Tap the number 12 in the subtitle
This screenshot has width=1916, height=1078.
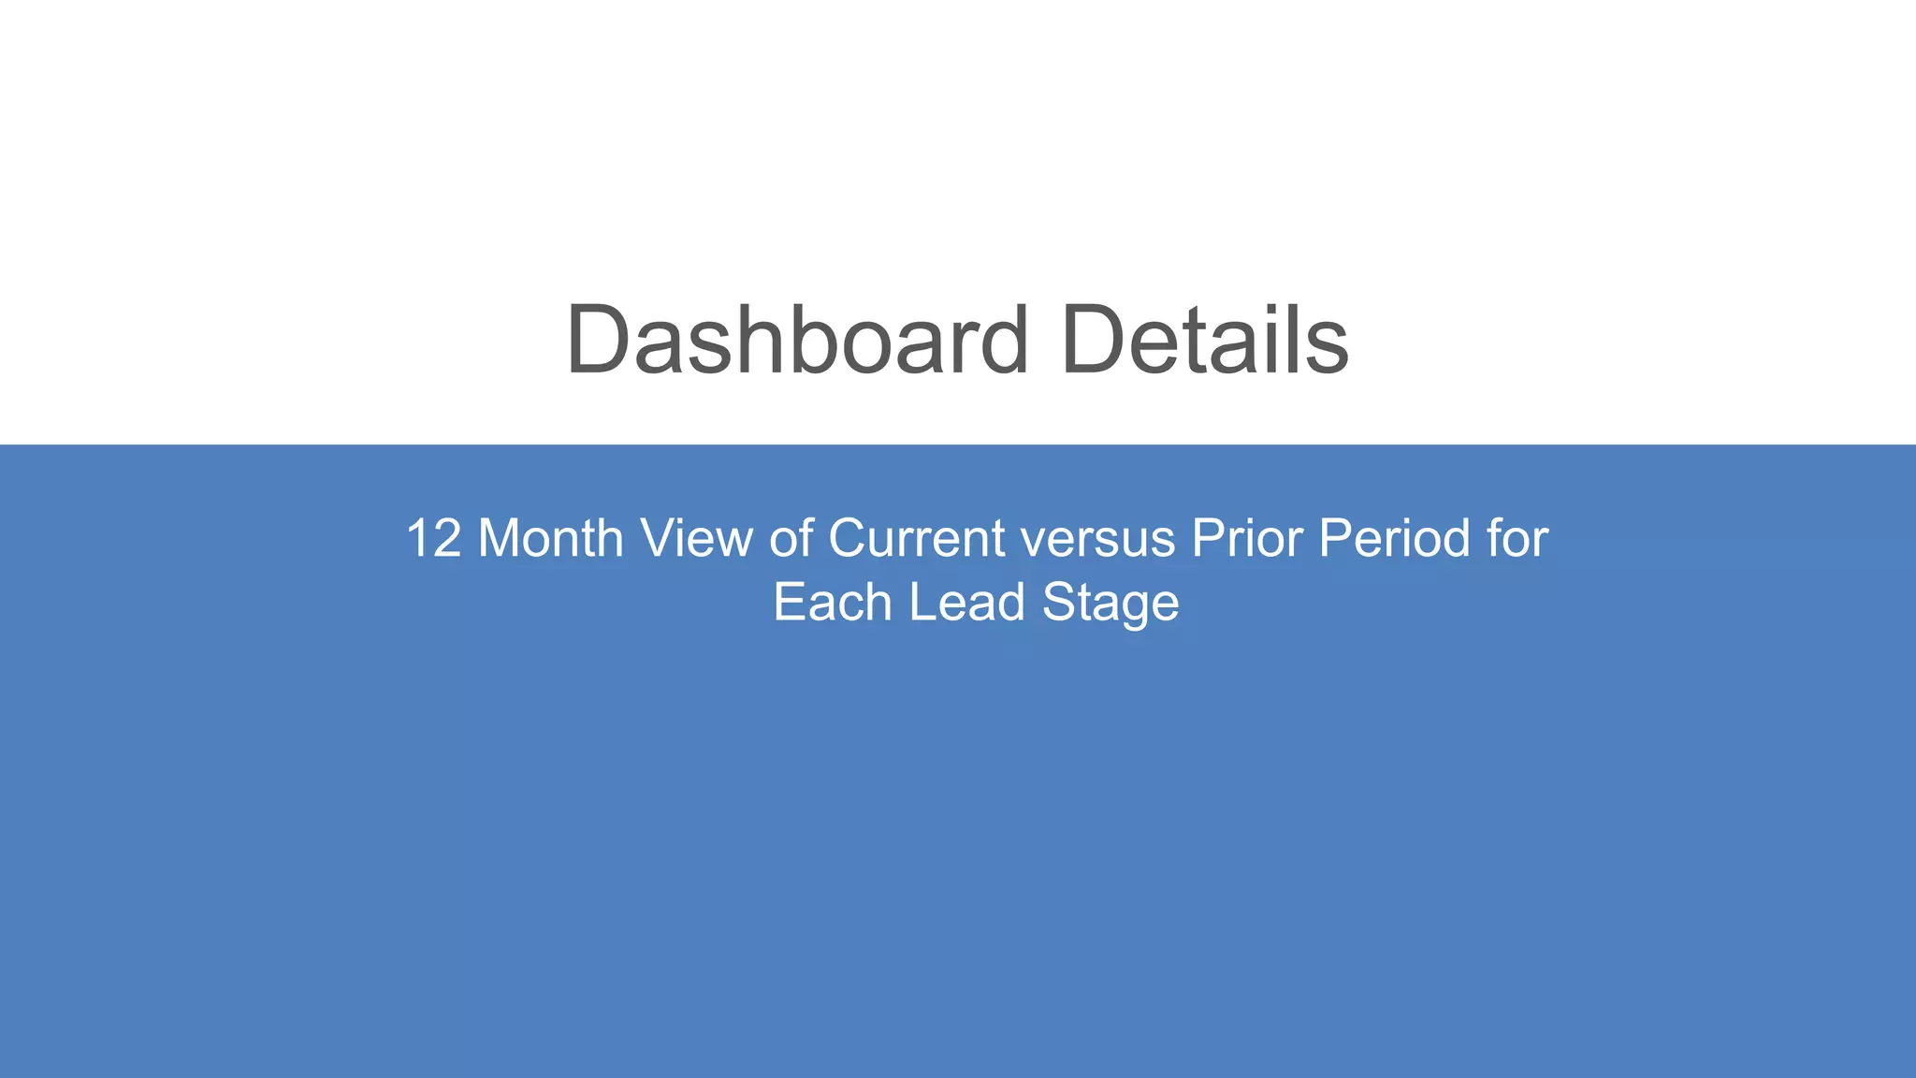[x=434, y=539]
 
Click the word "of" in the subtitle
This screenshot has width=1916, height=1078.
[x=790, y=539]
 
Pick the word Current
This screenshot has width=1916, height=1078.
[x=916, y=539]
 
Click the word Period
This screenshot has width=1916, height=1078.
[x=1393, y=539]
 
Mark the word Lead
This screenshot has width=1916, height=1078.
[x=966, y=603]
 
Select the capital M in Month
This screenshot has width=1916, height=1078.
[x=498, y=539]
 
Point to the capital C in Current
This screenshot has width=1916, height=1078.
[x=849, y=539]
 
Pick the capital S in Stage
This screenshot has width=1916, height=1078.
[x=1060, y=603]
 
